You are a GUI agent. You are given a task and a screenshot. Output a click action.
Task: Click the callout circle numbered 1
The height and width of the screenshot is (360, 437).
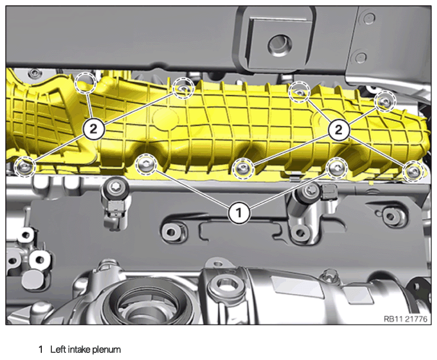click(x=239, y=213)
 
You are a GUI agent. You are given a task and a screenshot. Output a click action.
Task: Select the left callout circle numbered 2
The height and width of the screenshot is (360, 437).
click(x=94, y=129)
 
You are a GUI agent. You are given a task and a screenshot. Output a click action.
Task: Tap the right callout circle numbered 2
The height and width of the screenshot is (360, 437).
click(x=339, y=130)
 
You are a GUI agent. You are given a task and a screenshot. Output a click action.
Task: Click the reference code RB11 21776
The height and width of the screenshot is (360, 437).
click(x=405, y=319)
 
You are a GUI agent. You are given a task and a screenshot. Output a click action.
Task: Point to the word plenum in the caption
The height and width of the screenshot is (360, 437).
click(x=107, y=350)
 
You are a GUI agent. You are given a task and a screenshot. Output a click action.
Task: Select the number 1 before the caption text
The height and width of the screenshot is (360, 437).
click(x=41, y=349)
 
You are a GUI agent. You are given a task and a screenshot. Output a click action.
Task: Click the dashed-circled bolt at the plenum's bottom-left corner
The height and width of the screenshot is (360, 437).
click(x=25, y=167)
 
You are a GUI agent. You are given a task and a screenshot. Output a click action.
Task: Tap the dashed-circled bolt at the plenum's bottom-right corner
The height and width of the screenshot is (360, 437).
click(x=413, y=171)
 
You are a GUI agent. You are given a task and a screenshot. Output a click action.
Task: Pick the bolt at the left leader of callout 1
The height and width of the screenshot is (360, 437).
click(x=146, y=164)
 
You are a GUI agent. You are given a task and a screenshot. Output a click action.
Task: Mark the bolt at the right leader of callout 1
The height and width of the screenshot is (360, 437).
click(x=337, y=168)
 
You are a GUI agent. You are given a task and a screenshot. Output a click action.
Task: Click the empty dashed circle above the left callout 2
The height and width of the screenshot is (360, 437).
click(x=86, y=82)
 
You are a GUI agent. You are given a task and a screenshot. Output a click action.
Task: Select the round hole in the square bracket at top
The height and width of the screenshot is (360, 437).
click(x=280, y=45)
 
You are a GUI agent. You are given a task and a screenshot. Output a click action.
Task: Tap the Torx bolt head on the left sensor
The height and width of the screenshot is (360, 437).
click(x=115, y=186)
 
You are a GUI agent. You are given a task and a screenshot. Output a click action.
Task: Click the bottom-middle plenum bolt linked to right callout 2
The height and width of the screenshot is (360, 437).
click(x=243, y=168)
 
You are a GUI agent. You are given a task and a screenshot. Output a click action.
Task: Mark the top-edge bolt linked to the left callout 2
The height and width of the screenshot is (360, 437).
click(x=183, y=88)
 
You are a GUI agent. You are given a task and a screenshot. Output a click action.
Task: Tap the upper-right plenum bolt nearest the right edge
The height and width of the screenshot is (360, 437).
click(x=385, y=101)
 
